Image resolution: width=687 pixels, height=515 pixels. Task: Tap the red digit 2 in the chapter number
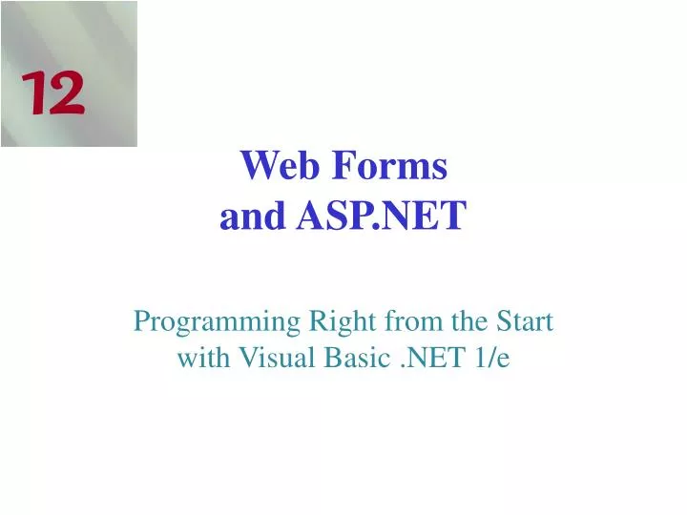click(x=65, y=95)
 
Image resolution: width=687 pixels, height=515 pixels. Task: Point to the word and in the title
click(x=252, y=217)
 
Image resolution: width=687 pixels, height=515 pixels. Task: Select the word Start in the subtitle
click(x=520, y=322)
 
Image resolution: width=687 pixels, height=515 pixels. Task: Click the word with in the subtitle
click(x=198, y=359)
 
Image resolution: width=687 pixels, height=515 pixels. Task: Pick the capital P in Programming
click(x=142, y=322)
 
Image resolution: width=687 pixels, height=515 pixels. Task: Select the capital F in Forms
click(x=343, y=167)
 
